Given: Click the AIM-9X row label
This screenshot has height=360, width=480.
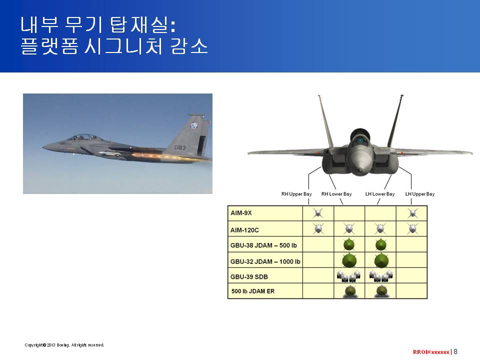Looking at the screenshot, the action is (241, 213).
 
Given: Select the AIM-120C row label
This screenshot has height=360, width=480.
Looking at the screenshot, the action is (244, 230).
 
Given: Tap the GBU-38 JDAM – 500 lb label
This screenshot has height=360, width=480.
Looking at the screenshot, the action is (263, 245).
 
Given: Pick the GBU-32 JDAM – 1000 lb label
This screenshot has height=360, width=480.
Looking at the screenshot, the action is (265, 261).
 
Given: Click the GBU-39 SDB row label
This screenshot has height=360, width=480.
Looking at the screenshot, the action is (249, 277).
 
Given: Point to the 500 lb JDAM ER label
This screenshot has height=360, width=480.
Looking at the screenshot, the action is (253, 291).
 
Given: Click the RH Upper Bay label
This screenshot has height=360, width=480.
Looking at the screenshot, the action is (296, 194).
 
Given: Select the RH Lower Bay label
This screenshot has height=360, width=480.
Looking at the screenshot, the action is (336, 194).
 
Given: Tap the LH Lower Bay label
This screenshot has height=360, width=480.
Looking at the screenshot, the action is (380, 194).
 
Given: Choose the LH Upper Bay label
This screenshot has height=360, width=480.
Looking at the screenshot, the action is (420, 194).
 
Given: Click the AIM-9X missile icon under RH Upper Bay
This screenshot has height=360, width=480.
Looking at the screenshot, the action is (318, 213).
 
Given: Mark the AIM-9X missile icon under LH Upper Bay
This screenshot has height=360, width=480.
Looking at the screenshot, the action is (412, 213).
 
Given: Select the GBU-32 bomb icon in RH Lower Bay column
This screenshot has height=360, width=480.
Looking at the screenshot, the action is (349, 260).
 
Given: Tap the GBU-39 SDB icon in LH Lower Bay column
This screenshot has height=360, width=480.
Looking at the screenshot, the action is (381, 276).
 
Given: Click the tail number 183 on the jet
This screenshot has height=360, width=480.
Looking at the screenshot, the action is (180, 147).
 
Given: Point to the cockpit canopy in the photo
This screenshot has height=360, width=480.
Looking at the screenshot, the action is (82, 137).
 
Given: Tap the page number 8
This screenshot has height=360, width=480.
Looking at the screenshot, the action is (455, 351).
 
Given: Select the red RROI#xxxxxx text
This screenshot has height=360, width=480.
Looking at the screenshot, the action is (431, 352).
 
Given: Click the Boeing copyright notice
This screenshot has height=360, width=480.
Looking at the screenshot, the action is (64, 345).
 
